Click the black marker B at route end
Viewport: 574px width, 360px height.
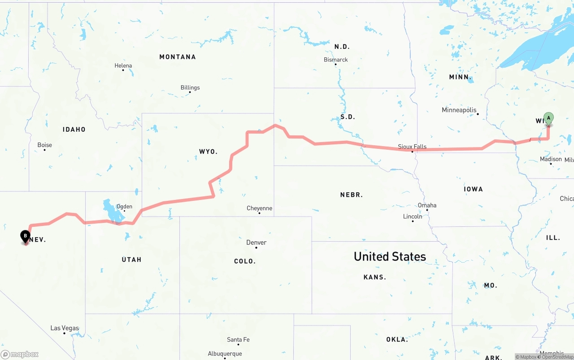pyautogui.click(x=26, y=235)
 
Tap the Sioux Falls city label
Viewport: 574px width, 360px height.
pyautogui.click(x=412, y=147)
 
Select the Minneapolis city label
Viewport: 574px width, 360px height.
pyautogui.click(x=459, y=110)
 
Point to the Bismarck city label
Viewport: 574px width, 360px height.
pyautogui.click(x=336, y=60)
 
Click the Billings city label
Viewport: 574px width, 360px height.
pyautogui.click(x=190, y=87)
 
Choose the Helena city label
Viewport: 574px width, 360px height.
pyautogui.click(x=123, y=65)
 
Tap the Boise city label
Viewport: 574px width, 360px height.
pyautogui.click(x=45, y=145)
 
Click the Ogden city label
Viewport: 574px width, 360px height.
pyautogui.click(x=124, y=206)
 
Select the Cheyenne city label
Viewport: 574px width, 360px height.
pyautogui.click(x=259, y=208)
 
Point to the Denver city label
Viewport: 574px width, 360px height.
pyautogui.click(x=257, y=243)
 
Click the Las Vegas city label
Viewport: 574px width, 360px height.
pyautogui.click(x=65, y=328)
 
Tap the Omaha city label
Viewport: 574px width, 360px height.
pyautogui.click(x=427, y=205)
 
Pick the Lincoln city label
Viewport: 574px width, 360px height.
pyautogui.click(x=413, y=216)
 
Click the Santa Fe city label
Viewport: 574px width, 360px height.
pyautogui.click(x=238, y=339)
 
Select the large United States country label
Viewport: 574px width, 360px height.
pyautogui.click(x=390, y=256)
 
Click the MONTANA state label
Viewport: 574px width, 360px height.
pyautogui.click(x=178, y=57)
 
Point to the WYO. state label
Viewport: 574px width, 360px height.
pyautogui.click(x=208, y=152)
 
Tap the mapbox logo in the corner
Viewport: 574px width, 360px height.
pyautogui.click(x=20, y=354)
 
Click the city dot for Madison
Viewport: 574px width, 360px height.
pyautogui.click(x=551, y=164)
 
